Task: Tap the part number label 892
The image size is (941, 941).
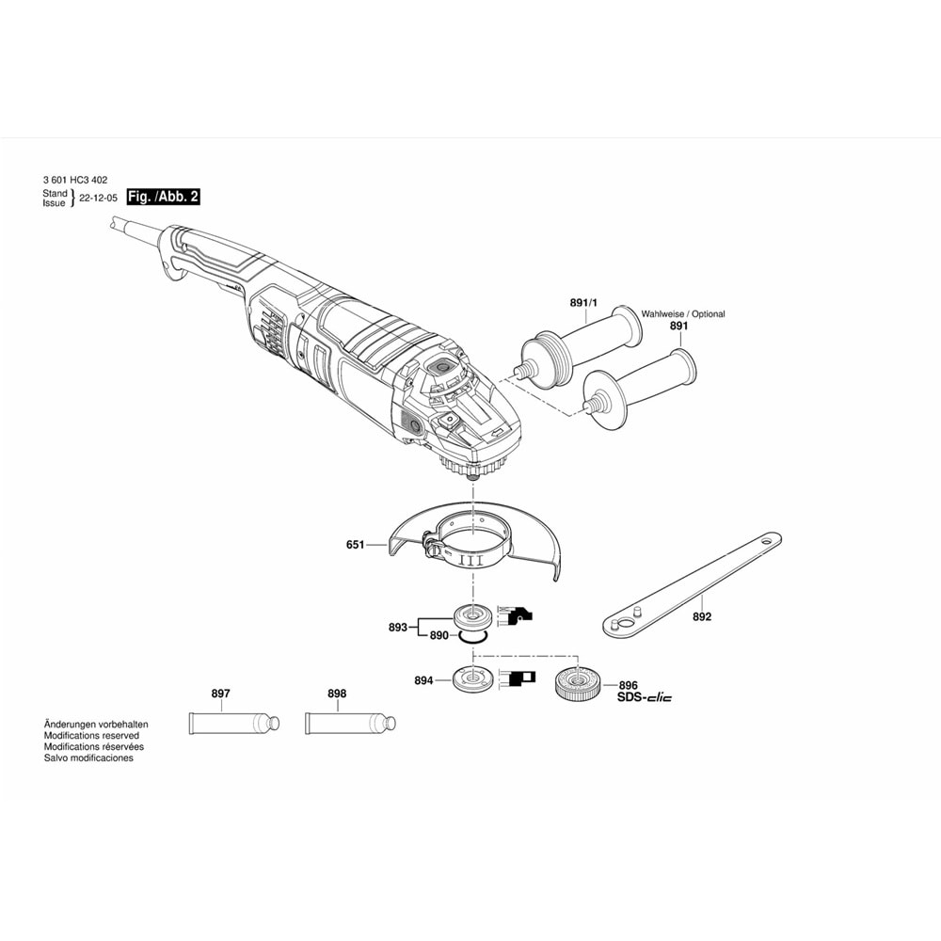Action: coord(702,617)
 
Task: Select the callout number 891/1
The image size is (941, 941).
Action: coord(584,303)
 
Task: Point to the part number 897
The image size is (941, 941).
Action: coord(221,694)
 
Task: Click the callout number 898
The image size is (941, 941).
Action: coord(337,694)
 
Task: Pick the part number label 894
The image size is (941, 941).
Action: coord(423,679)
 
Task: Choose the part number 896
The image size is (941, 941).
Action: coord(629,686)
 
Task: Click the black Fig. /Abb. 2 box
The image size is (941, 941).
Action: coord(164,197)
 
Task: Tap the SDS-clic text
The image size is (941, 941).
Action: coord(645,698)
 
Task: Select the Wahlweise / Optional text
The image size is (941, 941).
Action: coord(683,314)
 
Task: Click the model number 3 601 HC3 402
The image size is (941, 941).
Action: coord(75,179)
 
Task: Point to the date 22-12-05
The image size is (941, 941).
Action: coord(99,199)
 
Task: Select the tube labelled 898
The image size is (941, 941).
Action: coord(349,724)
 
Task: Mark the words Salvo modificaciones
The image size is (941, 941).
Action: coord(88,758)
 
